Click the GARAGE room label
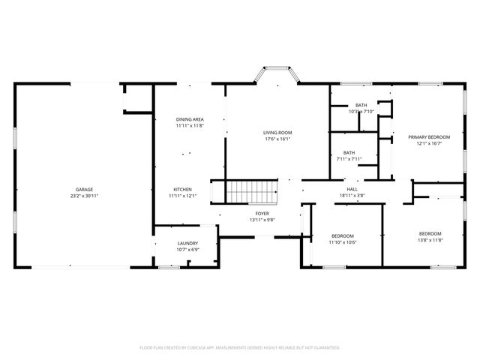tap(84, 189)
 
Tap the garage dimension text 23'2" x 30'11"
tap(84, 196)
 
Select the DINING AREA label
tap(190, 119)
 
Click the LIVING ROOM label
tap(277, 132)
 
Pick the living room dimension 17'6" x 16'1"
tap(277, 139)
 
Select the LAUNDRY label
tap(187, 243)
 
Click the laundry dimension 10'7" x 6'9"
tap(187, 250)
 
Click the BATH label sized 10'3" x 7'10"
tap(361, 105)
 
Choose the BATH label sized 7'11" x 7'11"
tap(349, 152)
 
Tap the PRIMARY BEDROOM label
tap(429, 136)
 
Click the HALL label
tap(351, 188)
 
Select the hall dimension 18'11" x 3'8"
tap(351, 195)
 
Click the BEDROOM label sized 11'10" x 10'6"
tap(343, 236)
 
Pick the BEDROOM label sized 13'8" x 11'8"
tap(430, 233)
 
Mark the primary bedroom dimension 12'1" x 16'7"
tap(429, 143)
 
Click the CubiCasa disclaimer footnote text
tap(240, 348)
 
